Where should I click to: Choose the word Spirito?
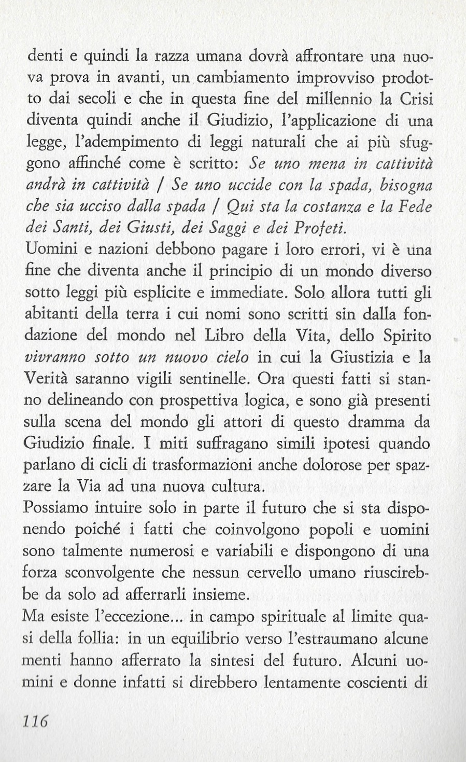click(x=406, y=336)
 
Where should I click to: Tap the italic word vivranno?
click(x=52, y=357)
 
